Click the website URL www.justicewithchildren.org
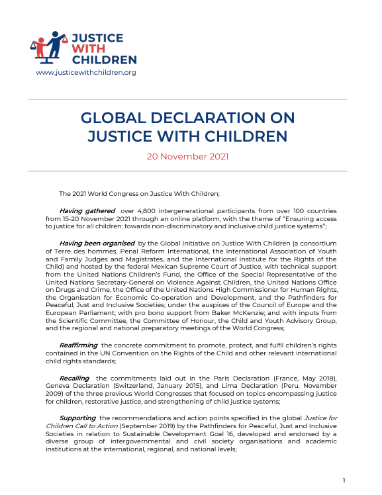click(85, 72)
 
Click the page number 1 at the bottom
click(344, 480)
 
